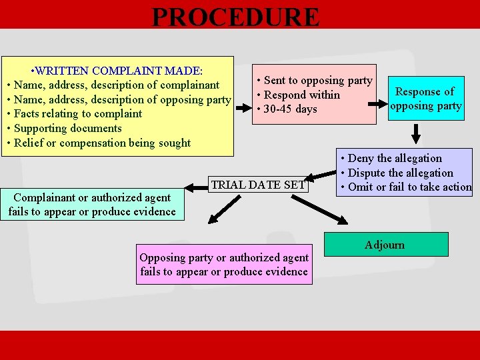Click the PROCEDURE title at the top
click(x=236, y=17)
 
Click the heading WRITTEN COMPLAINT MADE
click(x=119, y=70)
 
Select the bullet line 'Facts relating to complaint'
click(x=77, y=113)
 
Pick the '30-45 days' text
click(x=290, y=109)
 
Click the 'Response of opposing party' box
click(x=426, y=99)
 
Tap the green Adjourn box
click(x=385, y=245)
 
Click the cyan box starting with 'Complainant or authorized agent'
click(x=93, y=205)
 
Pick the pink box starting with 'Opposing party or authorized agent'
click(x=224, y=264)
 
